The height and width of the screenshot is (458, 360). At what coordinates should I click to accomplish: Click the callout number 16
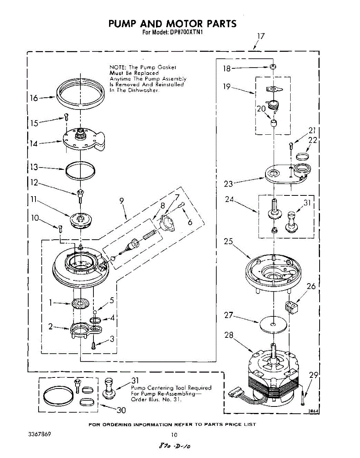[34, 98]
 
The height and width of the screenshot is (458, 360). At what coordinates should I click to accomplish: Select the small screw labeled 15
[66, 117]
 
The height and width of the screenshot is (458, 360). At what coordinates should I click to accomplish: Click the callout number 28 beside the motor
[229, 335]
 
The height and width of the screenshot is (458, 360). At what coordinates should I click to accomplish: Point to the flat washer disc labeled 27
[273, 324]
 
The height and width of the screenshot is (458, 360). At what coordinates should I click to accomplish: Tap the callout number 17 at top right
[261, 36]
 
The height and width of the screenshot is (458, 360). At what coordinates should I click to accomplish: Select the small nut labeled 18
[273, 67]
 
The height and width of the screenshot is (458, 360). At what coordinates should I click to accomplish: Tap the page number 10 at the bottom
[174, 435]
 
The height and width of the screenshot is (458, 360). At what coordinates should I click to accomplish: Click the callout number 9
[122, 201]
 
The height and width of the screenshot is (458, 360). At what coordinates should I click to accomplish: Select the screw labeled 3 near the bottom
[93, 346]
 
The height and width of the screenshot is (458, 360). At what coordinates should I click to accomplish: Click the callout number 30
[121, 410]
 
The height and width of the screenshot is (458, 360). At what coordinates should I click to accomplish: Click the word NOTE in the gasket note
[117, 67]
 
